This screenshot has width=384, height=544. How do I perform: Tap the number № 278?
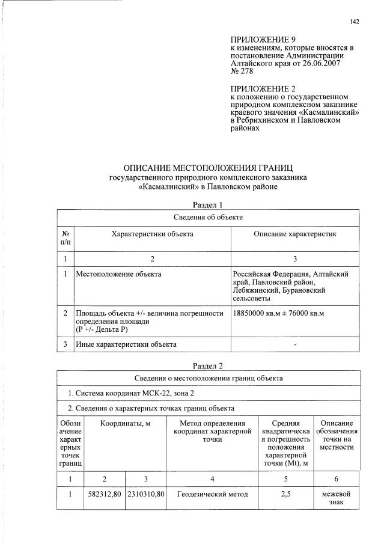tap(242, 71)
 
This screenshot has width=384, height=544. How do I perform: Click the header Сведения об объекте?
tap(208, 216)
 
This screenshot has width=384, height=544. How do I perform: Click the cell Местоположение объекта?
tap(118, 274)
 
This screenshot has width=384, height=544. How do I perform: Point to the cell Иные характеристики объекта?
tap(126, 344)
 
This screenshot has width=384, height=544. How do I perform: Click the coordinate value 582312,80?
tap(105, 495)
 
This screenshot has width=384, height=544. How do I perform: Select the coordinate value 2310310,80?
tap(146, 495)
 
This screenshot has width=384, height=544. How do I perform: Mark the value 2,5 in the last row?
tap(286, 495)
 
